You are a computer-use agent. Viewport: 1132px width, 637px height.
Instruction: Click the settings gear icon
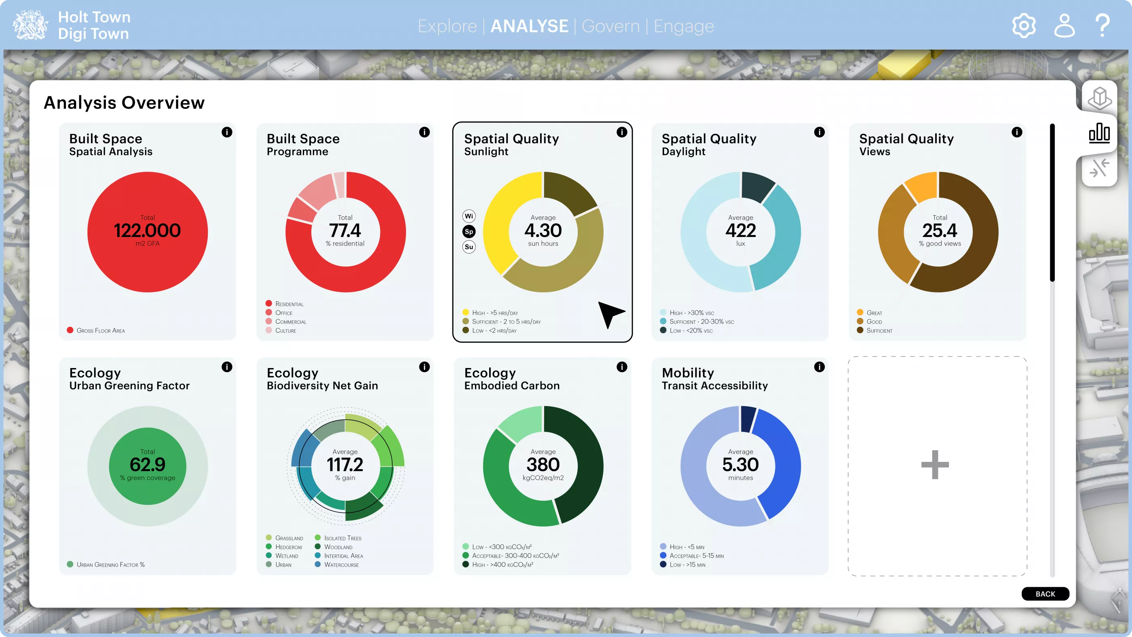(1024, 26)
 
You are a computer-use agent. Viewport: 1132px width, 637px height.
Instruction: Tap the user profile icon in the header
(1064, 26)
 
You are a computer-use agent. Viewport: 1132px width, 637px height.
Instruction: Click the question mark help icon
(1102, 26)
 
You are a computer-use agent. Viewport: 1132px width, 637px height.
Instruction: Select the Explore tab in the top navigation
(447, 26)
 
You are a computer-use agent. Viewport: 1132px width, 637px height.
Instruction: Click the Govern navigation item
(610, 26)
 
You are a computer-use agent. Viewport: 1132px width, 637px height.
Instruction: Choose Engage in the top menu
(683, 26)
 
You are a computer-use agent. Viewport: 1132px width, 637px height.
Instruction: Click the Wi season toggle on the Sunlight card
(469, 216)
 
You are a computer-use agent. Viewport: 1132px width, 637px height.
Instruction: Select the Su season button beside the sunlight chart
(469, 247)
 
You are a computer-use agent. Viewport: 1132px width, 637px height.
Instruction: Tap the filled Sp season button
(469, 232)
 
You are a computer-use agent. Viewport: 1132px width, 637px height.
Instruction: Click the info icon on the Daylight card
(819, 132)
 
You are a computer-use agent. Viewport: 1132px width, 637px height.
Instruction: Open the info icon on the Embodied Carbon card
(622, 367)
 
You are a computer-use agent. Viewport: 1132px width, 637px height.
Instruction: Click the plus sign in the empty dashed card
(935, 465)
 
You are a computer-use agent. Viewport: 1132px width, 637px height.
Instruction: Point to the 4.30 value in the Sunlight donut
(543, 231)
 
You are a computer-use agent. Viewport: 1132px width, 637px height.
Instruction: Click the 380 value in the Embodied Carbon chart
(543, 465)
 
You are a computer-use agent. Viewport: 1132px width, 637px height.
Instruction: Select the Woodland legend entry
(338, 547)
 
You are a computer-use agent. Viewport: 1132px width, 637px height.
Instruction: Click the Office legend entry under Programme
(283, 313)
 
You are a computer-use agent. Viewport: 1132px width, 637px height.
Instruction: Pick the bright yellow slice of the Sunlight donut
(503, 220)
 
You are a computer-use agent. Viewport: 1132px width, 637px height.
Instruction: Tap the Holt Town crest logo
(30, 25)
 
